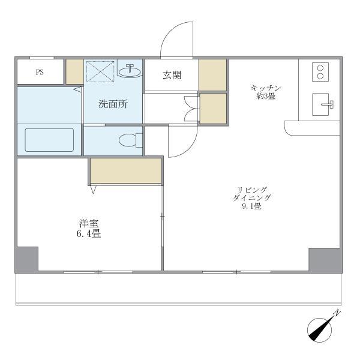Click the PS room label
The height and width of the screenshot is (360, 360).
point(40,73)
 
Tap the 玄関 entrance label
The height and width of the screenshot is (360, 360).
point(172,75)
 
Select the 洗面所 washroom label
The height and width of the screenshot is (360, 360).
point(113,104)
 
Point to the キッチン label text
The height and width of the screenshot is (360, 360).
point(266,88)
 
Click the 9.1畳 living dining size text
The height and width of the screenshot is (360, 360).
point(251,206)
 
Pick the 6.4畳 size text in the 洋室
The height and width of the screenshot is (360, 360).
point(89,234)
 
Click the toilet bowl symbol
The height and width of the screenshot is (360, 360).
point(130,140)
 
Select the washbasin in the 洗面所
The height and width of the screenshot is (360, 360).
point(130,71)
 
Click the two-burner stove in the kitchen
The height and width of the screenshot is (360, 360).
point(320,72)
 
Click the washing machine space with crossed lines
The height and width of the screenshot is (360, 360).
point(100,71)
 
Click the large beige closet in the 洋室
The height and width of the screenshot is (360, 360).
point(125,170)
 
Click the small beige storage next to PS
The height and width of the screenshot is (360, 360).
point(75,71)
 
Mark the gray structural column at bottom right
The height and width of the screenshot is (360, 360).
point(325,260)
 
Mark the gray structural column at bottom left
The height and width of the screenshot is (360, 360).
point(27,260)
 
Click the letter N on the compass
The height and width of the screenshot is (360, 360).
point(337,313)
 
